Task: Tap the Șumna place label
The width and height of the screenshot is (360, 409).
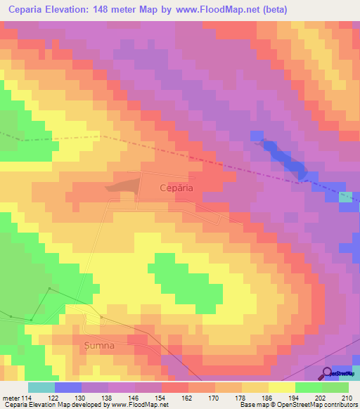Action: [x=98, y=345]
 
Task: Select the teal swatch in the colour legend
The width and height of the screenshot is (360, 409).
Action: [x=41, y=387]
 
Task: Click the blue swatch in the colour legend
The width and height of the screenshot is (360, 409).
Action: [x=68, y=387]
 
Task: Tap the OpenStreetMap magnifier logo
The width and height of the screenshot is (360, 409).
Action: [x=328, y=372]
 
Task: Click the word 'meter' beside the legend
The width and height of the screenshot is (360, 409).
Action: [x=11, y=397]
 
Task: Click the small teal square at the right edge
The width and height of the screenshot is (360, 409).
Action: [x=345, y=197]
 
